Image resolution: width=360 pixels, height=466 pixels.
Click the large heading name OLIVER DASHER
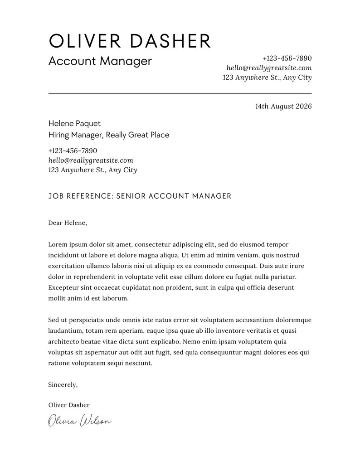coord(130,41)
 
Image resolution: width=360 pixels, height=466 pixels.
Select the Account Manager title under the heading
coord(100,61)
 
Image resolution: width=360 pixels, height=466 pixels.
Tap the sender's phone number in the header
coord(287,58)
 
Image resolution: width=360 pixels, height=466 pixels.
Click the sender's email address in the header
coord(269,68)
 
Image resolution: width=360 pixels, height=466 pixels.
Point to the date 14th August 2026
coord(283,107)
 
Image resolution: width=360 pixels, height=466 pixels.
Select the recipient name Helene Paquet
coord(74,124)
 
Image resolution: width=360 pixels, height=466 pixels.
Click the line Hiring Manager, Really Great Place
coord(108,135)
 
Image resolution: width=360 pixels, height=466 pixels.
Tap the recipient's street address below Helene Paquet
coord(92,170)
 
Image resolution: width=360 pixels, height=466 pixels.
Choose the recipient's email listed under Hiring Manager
coord(90,160)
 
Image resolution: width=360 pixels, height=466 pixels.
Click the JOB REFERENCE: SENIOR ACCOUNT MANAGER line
coord(140,196)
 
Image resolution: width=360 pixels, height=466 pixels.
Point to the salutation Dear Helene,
coord(67,223)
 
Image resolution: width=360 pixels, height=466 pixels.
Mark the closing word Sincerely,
coord(63,385)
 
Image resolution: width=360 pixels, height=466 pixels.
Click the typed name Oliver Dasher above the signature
coord(68,405)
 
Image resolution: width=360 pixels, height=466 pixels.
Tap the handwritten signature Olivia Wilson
coord(80,421)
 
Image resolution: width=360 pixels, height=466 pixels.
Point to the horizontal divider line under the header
coord(180,93)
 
